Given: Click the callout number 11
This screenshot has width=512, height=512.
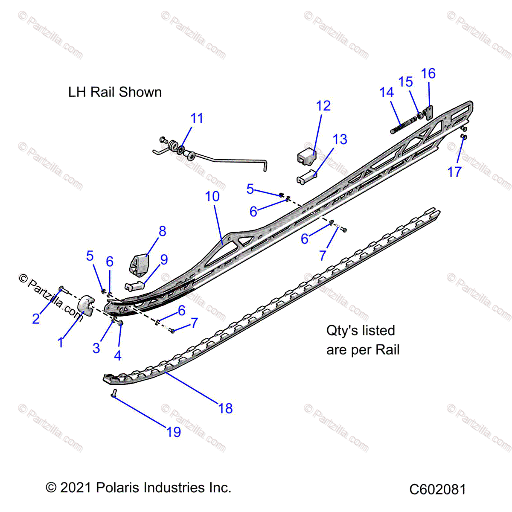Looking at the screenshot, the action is coord(197,118).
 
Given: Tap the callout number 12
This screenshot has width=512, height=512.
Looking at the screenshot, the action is coord(323,106).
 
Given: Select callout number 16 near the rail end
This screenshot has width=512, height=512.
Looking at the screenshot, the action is coord(428,73).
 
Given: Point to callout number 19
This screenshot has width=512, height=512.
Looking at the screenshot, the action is coord(174,432).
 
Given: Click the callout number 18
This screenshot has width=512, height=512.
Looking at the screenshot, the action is coord(225,408).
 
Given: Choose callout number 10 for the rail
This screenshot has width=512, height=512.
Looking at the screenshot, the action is coord(212,196).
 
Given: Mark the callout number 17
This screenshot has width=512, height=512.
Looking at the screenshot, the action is coord(454,172).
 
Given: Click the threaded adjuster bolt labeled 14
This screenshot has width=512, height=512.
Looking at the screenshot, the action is coord(403,126).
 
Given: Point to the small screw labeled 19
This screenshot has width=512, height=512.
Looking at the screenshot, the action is coord(114,393).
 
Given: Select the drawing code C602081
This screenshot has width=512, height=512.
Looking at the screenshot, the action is coord(437,489).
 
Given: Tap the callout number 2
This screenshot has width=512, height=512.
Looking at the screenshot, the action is coord(36,318).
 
